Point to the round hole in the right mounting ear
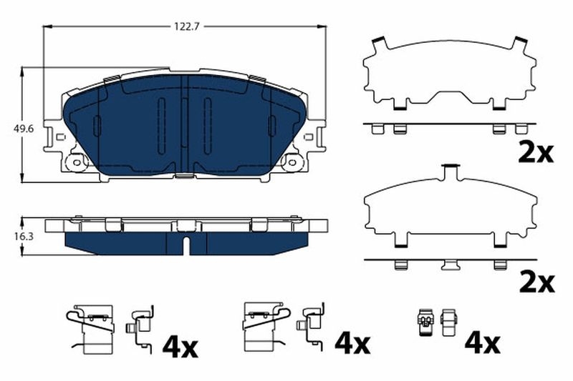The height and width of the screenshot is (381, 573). coord(292,163)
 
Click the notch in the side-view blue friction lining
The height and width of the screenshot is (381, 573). coord(185,245)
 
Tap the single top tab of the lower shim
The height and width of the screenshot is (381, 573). coord(451,172)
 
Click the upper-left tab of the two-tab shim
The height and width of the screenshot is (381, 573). coord(379,44)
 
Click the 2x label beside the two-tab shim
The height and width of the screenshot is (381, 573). coord(535,152)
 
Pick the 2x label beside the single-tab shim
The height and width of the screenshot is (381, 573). coord(535,282)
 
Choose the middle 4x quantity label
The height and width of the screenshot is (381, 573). coord(352,346)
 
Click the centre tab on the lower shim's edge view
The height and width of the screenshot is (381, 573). coord(451,265)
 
